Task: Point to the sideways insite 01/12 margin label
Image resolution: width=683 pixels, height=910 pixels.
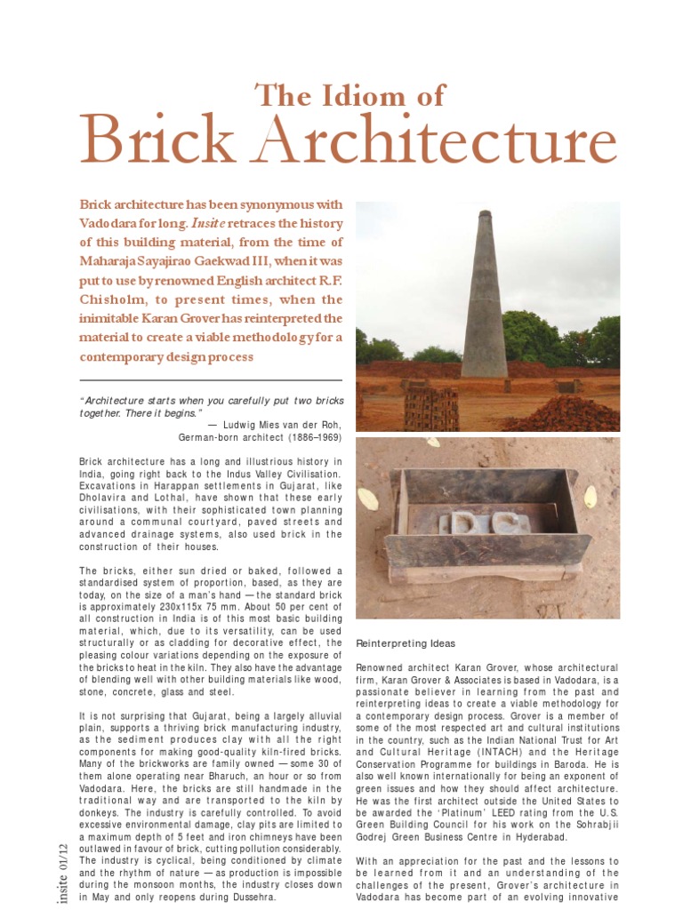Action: coord(62,871)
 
